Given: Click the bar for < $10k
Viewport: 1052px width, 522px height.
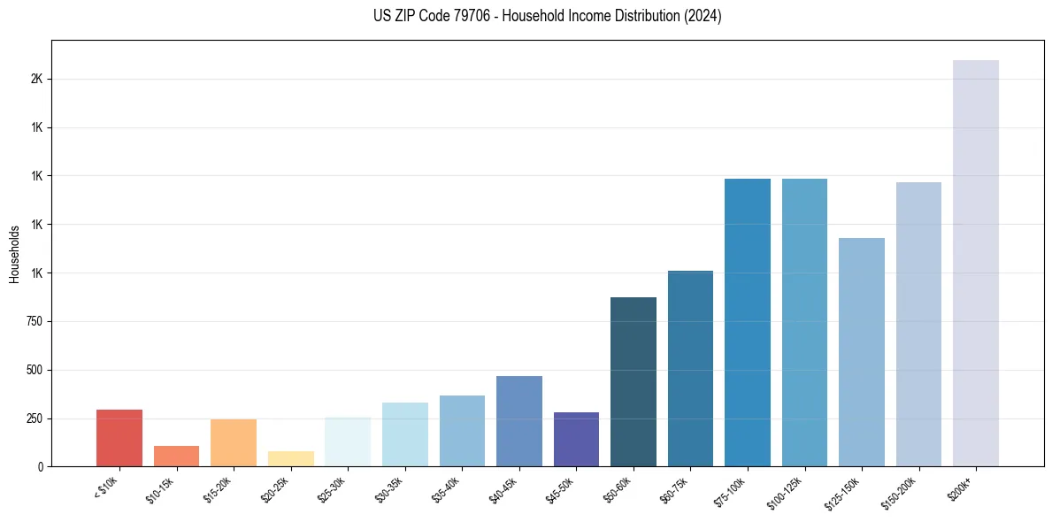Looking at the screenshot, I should click(119, 438).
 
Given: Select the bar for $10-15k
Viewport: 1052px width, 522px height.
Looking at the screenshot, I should click(176, 456).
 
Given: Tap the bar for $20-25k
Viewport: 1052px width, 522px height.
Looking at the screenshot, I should click(290, 458).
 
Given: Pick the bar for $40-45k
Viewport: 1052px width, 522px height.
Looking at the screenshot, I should click(518, 421).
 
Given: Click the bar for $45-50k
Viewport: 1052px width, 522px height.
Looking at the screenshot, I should click(576, 439).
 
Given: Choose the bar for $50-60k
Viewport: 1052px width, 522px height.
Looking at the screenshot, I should click(634, 381).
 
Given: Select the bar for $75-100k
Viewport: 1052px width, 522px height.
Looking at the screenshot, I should click(748, 322).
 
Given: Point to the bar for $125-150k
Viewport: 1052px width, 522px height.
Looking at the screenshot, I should click(862, 352).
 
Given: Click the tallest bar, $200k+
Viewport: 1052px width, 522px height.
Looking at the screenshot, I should click(976, 263).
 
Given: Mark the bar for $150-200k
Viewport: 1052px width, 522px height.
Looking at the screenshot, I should click(918, 324).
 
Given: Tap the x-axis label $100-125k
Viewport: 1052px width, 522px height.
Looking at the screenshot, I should click(787, 491).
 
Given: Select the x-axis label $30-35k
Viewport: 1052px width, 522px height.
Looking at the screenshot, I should click(391, 489).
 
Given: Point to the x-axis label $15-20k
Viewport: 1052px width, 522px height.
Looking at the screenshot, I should click(219, 489).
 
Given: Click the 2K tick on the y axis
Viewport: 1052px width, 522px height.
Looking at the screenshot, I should click(36, 79).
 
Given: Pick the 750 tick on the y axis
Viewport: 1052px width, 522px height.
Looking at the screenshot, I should click(35, 321).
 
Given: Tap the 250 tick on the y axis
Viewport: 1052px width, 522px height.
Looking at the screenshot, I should click(35, 418).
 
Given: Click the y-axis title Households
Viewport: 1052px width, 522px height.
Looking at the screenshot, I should click(14, 254).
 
